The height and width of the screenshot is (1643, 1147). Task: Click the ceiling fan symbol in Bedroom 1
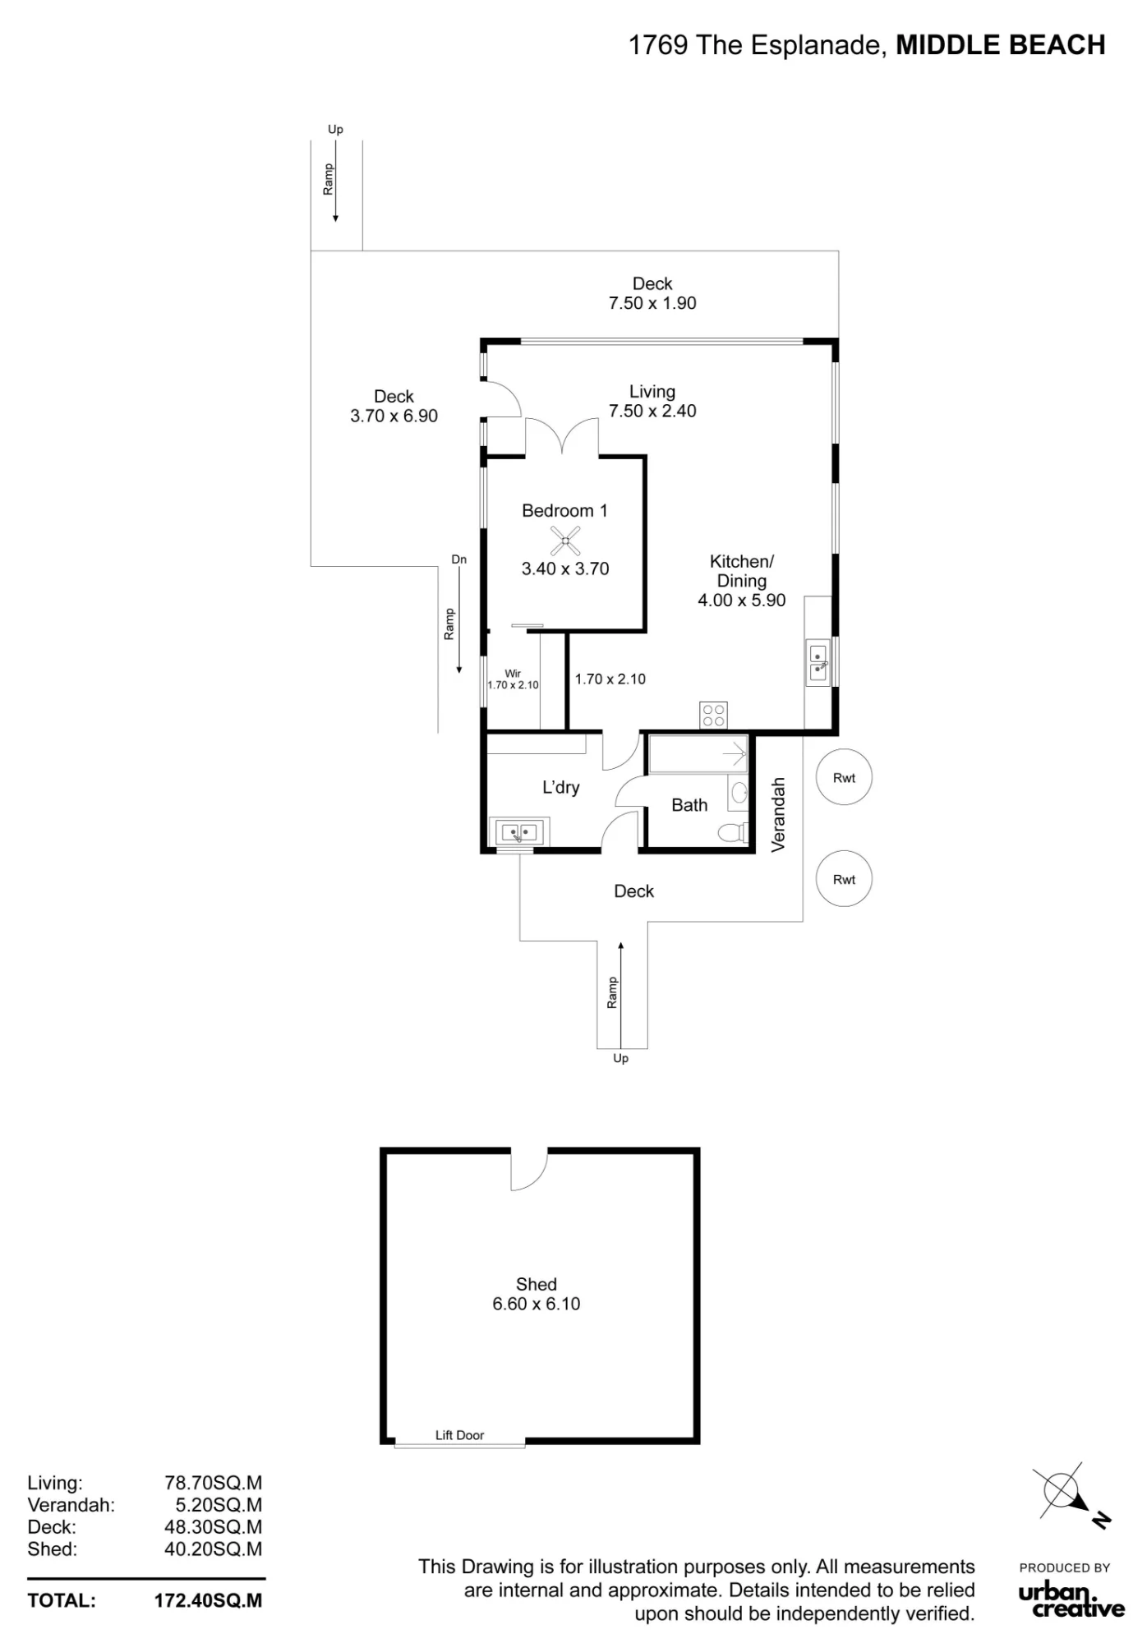tap(565, 541)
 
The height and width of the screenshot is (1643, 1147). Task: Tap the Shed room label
tap(537, 1284)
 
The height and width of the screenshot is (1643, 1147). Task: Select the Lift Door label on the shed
tap(459, 1435)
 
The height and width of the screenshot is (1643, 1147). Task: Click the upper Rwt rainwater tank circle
tap(844, 777)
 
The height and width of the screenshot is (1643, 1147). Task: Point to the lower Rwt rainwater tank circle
tap(844, 879)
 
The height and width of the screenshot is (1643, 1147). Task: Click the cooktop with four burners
tap(713, 715)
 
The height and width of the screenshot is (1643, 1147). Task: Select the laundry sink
tap(519, 832)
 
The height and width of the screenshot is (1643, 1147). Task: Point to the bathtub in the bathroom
tap(698, 754)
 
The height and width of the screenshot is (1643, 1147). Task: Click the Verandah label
tap(779, 814)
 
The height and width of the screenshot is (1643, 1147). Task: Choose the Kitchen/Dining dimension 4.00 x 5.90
tap(742, 601)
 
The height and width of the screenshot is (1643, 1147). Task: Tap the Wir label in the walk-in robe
tap(513, 674)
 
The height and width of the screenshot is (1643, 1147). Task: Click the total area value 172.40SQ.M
tap(209, 1600)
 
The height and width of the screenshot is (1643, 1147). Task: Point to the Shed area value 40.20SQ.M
tap(214, 1549)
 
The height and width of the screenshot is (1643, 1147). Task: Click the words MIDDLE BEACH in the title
tap(1001, 45)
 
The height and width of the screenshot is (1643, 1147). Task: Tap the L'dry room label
tap(561, 787)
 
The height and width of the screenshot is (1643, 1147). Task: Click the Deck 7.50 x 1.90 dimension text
tap(652, 303)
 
